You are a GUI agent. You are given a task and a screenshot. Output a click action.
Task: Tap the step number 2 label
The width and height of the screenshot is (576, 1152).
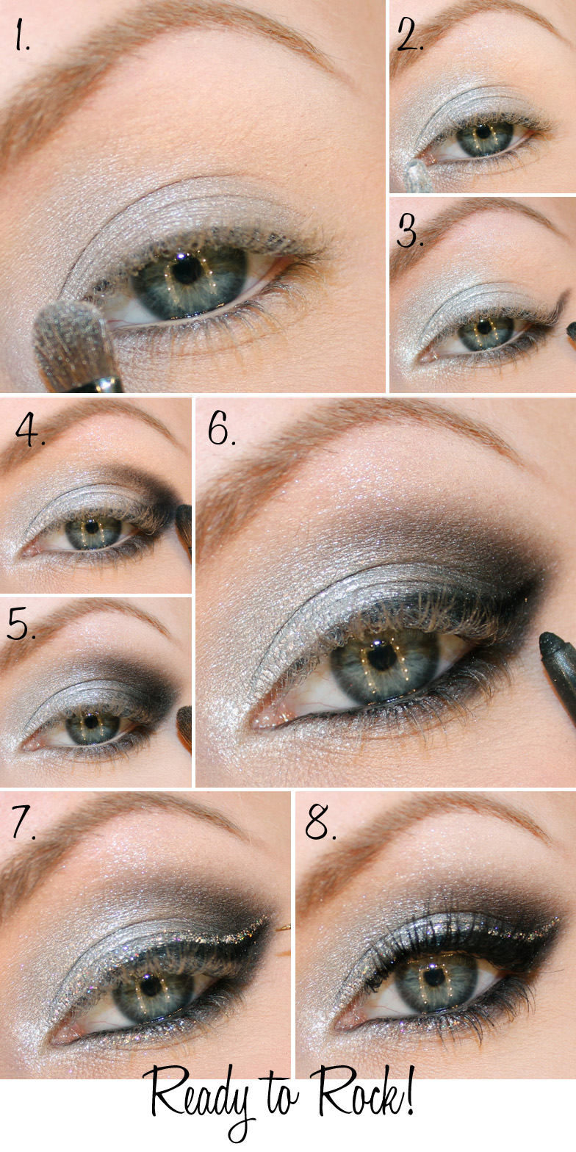pos(410,34)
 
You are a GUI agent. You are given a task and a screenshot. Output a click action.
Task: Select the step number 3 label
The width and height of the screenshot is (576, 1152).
pos(410,231)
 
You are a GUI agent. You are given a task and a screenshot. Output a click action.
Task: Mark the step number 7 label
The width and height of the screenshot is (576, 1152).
pos(24,823)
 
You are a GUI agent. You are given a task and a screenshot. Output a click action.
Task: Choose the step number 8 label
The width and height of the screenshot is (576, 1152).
pos(320,823)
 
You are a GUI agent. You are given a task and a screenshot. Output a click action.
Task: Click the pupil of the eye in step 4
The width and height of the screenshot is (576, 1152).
pos(92,527)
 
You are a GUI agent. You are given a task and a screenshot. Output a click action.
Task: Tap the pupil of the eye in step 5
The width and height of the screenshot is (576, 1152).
pos(91,721)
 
